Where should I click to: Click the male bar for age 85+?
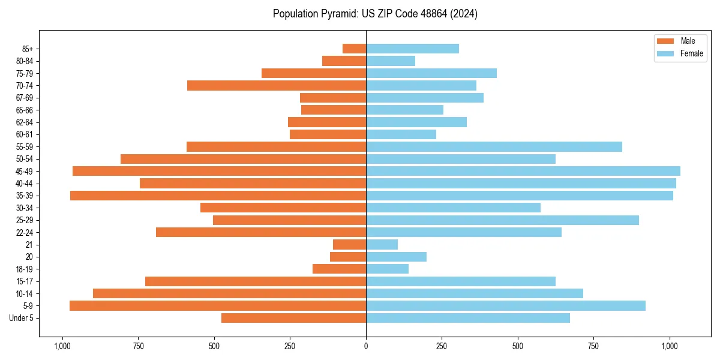point(355,49)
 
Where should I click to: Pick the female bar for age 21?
point(382,245)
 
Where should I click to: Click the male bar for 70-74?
point(277,86)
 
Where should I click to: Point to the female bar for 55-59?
point(494,147)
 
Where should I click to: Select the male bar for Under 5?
point(294,318)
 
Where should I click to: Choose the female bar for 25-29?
point(502,220)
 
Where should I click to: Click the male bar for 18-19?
point(340,269)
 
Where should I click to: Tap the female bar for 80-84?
point(391,61)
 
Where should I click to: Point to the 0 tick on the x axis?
point(366,346)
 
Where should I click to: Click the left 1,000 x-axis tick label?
point(62,346)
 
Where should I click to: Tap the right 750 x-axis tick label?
point(593,346)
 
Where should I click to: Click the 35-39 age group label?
point(25,196)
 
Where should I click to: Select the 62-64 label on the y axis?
point(25,122)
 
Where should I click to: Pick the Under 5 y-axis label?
point(21,319)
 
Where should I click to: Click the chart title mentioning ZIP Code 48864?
point(375,14)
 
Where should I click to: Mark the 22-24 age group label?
point(25,233)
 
